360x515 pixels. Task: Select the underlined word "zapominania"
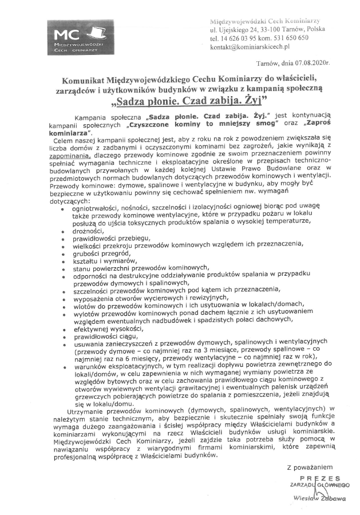click(71, 154)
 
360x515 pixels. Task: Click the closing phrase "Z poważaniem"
click(309, 468)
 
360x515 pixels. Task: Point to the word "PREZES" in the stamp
click(319, 478)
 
